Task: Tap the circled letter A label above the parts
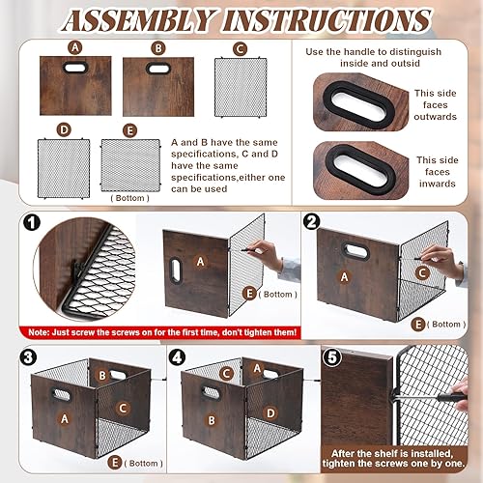coord(74,47)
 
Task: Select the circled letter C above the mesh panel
coord(239,47)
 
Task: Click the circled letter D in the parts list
coord(63,129)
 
